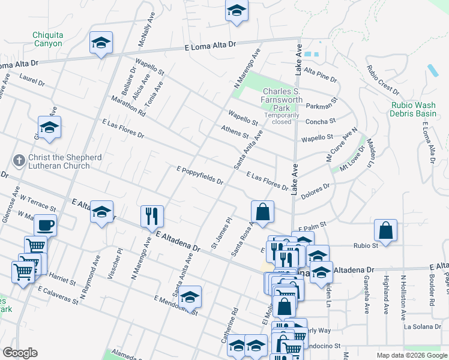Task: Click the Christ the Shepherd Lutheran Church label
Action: click(56, 161)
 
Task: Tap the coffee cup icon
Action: click(46, 226)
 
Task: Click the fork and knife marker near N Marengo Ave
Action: click(152, 216)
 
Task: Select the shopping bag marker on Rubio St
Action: click(385, 230)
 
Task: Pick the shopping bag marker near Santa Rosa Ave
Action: click(263, 211)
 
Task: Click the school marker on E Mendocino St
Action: click(190, 297)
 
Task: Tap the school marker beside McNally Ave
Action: click(101, 43)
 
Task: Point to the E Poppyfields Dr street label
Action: click(200, 176)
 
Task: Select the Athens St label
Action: click(235, 131)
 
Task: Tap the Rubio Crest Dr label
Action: click(383, 80)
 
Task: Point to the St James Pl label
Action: click(220, 233)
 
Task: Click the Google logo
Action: click(20, 353)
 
